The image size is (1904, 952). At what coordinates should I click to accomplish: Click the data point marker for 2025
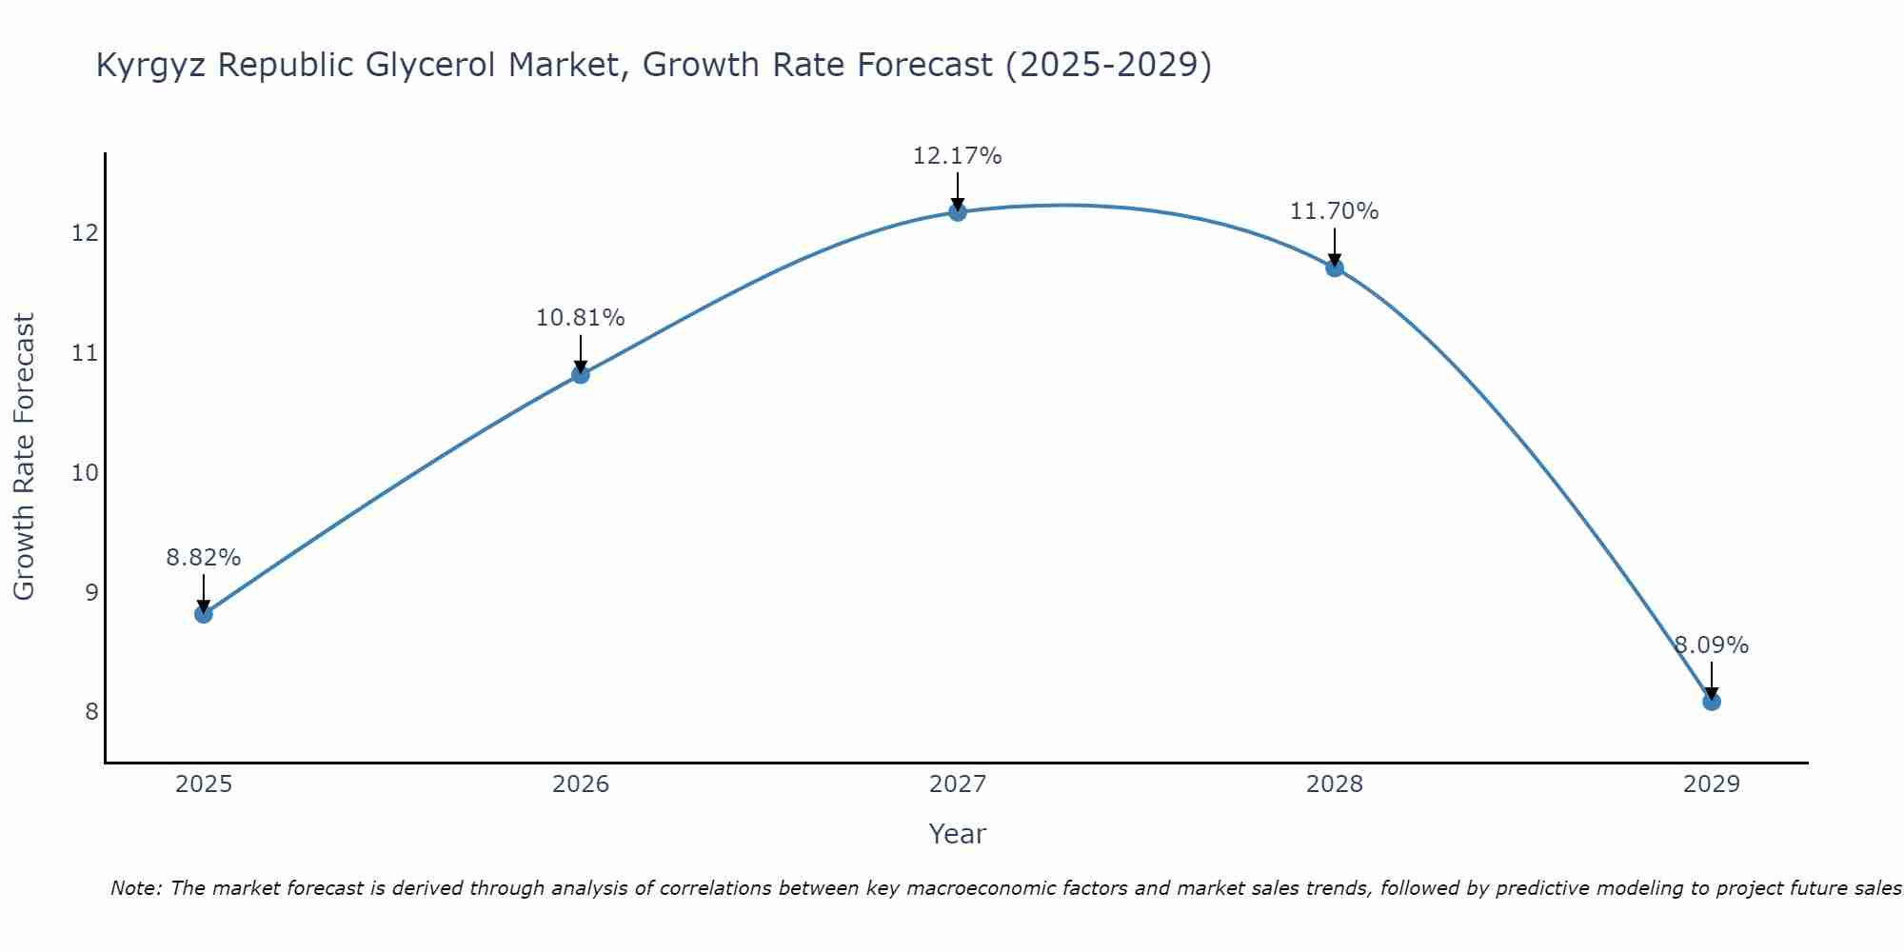click(x=204, y=614)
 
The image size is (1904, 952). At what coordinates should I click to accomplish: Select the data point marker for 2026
click(x=581, y=374)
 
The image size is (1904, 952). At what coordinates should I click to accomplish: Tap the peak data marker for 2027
click(x=958, y=211)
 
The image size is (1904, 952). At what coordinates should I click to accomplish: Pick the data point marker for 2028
click(x=1335, y=268)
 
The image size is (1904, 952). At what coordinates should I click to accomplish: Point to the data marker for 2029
click(x=1712, y=702)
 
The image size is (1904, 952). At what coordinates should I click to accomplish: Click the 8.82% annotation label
click(x=204, y=558)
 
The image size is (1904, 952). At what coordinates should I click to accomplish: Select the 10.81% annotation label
click(x=581, y=318)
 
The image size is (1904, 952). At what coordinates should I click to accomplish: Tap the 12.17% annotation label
click(x=958, y=156)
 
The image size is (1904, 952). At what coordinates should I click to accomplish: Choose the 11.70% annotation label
click(x=1335, y=211)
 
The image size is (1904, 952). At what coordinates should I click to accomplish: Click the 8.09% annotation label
click(x=1712, y=645)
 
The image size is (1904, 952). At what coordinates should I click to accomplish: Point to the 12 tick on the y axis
click(x=86, y=233)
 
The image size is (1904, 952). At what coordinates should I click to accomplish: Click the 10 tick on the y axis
click(x=86, y=473)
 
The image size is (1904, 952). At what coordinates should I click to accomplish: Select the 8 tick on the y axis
click(x=91, y=712)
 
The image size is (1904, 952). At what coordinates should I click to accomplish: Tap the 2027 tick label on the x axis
click(x=958, y=784)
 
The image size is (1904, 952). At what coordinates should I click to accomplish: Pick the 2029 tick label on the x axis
click(x=1712, y=784)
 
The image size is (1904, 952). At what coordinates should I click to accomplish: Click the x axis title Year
click(x=958, y=834)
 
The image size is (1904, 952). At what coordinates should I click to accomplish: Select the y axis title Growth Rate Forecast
click(x=25, y=457)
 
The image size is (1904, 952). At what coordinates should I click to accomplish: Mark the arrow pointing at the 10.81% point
click(x=581, y=354)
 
